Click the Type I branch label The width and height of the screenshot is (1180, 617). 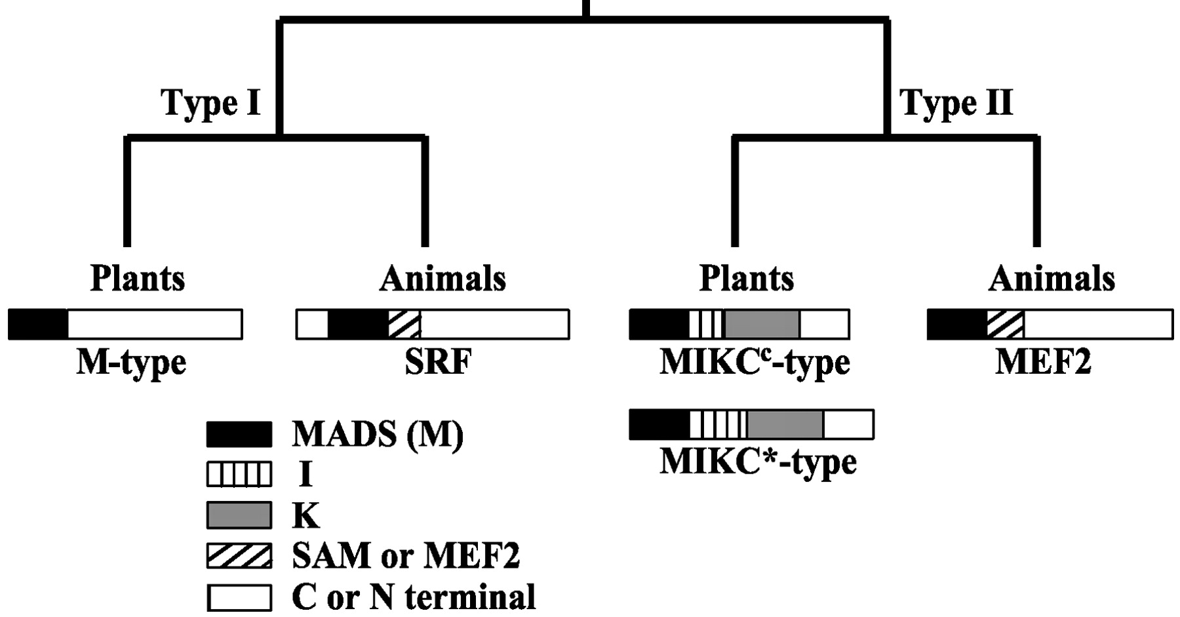pos(210,103)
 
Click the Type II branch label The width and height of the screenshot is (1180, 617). pos(956,103)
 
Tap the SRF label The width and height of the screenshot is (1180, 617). pos(438,361)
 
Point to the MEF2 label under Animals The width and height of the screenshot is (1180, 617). pos(1043,361)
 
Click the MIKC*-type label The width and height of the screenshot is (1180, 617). pos(758,462)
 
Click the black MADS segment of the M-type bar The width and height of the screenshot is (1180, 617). pos(38,325)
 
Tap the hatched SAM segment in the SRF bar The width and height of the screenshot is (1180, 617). pos(404,325)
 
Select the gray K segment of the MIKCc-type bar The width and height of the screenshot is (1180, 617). pos(762,325)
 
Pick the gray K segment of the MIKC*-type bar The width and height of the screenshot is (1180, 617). pos(785,425)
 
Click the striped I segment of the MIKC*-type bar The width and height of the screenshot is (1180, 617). pos(718,425)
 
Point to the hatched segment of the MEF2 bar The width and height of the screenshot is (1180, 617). pos(1005,325)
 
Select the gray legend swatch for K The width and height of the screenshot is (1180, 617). pos(239,515)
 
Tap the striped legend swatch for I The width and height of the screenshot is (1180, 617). pos(239,475)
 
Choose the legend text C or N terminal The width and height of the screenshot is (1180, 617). pos(414,597)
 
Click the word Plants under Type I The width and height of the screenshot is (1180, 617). pos(138,279)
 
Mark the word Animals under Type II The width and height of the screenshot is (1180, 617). pos(1052,279)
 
